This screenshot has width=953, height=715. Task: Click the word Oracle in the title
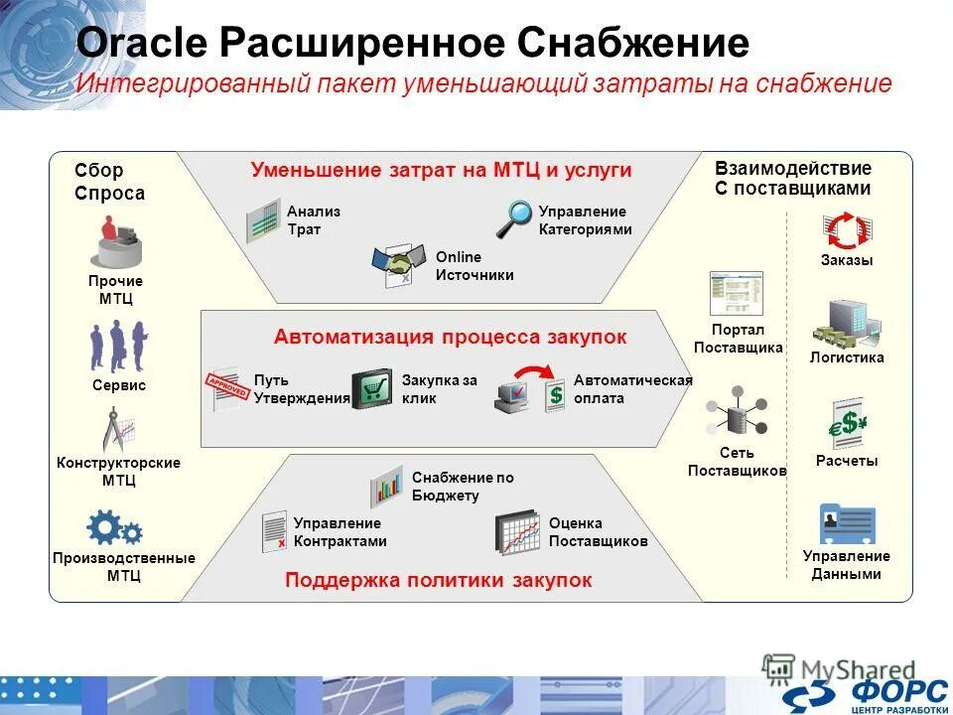click(x=140, y=45)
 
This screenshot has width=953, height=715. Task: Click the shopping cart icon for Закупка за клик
click(x=372, y=388)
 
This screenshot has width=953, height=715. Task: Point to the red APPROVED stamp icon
click(x=225, y=385)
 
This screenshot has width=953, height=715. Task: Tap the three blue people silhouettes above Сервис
click(x=119, y=346)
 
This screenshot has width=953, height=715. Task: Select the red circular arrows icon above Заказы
click(x=847, y=230)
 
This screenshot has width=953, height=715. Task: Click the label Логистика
click(x=847, y=357)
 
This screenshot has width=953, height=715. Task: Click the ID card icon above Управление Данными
click(x=847, y=523)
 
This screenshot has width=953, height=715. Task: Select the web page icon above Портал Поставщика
click(x=736, y=293)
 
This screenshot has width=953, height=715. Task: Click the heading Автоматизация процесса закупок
click(x=451, y=337)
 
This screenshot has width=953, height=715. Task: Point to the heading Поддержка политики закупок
click(x=439, y=580)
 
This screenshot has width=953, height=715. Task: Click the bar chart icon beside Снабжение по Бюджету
click(x=386, y=486)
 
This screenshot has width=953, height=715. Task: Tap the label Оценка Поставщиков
click(x=598, y=532)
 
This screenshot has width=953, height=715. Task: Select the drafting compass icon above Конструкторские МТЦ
click(x=118, y=429)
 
